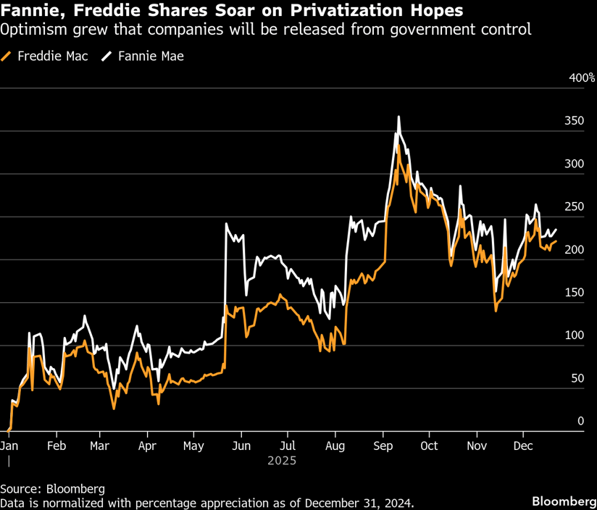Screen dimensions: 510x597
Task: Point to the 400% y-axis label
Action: [581, 78]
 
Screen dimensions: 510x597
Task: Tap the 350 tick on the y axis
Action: [574, 121]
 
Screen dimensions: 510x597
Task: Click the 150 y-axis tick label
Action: [574, 292]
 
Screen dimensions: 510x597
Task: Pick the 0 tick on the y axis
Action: [580, 420]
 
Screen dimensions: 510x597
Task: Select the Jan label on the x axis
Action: [9, 446]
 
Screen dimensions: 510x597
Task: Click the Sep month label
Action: [383, 446]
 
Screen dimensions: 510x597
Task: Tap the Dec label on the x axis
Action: [523, 446]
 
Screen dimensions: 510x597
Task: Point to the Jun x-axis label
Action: [241, 446]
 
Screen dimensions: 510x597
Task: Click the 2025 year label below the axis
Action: [282, 461]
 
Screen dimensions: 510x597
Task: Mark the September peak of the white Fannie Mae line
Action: [398, 117]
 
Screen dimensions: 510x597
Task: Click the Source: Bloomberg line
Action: [52, 488]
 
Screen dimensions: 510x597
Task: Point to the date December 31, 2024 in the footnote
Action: [358, 502]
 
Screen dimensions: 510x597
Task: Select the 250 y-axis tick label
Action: [574, 206]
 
